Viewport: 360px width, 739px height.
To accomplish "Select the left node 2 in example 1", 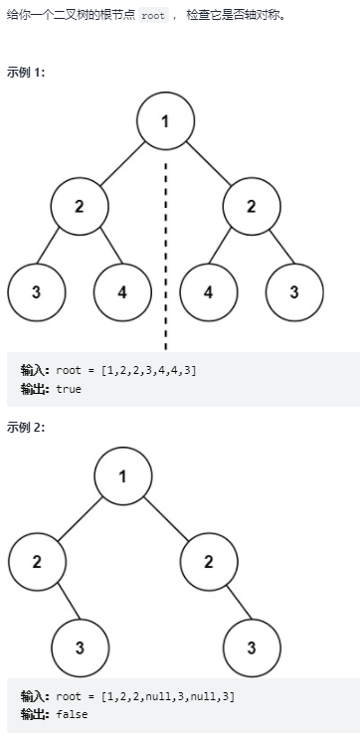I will point(80,206).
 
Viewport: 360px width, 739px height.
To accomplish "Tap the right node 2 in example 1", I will point(252,206).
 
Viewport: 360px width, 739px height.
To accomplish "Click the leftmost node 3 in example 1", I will point(36,292).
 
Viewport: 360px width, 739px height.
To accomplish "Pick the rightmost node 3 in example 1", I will point(295,292).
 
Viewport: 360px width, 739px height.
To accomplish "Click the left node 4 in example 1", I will point(122,292).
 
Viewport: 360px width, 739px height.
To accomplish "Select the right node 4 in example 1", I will point(209,292).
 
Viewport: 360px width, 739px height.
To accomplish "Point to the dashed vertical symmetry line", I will point(165,249).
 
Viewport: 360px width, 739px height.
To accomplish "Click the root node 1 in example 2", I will point(122,475).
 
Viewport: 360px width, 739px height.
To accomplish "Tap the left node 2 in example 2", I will point(37,561).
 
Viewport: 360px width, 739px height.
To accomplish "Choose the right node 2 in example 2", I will point(209,561).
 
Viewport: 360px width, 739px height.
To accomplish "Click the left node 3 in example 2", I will point(80,647).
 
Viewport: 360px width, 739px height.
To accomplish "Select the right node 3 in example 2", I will point(252,647).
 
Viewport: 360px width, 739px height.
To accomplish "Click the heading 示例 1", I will point(25,74).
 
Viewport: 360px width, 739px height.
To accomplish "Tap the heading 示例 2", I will point(25,428).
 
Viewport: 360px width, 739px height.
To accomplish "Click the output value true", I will point(69,389).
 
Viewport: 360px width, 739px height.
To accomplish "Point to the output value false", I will point(71,714).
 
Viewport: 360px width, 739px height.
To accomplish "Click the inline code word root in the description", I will point(152,17).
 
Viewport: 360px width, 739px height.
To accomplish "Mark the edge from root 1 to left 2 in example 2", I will point(80,518).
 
